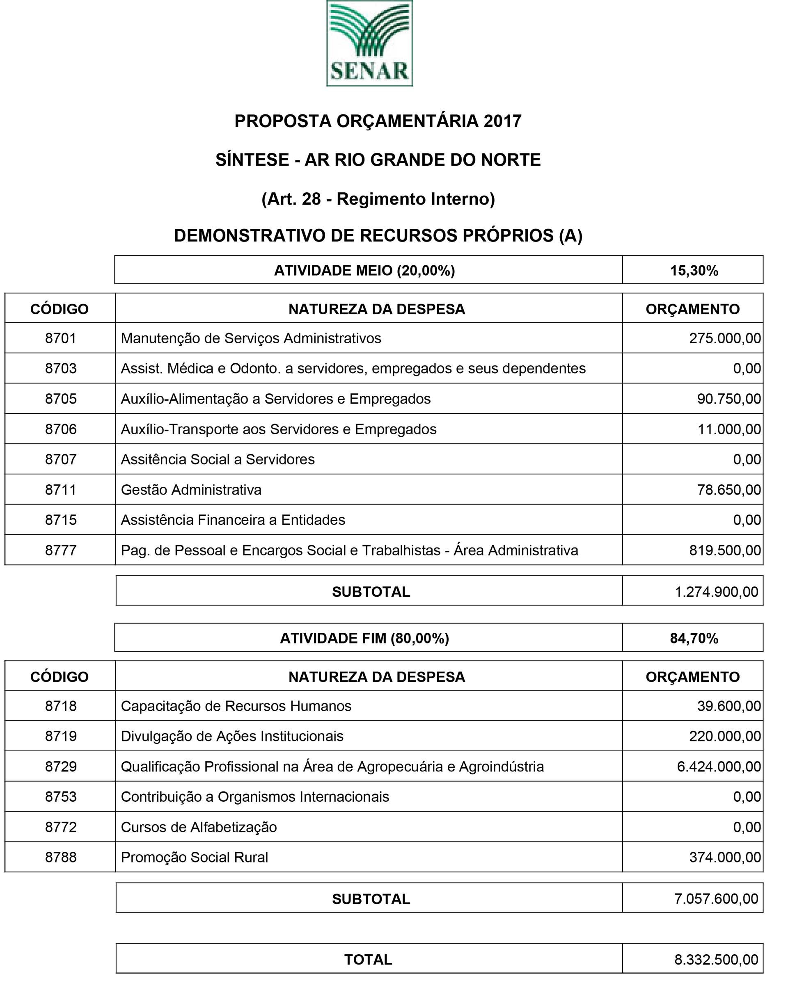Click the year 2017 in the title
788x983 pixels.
point(502,121)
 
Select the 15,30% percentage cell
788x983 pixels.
point(694,271)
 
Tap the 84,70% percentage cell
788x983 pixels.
point(694,638)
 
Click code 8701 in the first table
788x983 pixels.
point(60,338)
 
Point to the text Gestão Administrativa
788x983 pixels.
point(191,490)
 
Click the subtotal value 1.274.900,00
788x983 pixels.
point(716,592)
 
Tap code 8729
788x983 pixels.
point(60,766)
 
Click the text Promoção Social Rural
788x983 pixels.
point(195,857)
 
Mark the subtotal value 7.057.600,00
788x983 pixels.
point(716,899)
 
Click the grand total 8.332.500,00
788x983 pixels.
point(716,959)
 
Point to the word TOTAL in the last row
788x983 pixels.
point(368,959)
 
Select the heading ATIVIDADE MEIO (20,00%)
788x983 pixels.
point(364,271)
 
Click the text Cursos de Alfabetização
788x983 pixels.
point(199,827)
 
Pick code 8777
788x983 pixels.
point(60,550)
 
